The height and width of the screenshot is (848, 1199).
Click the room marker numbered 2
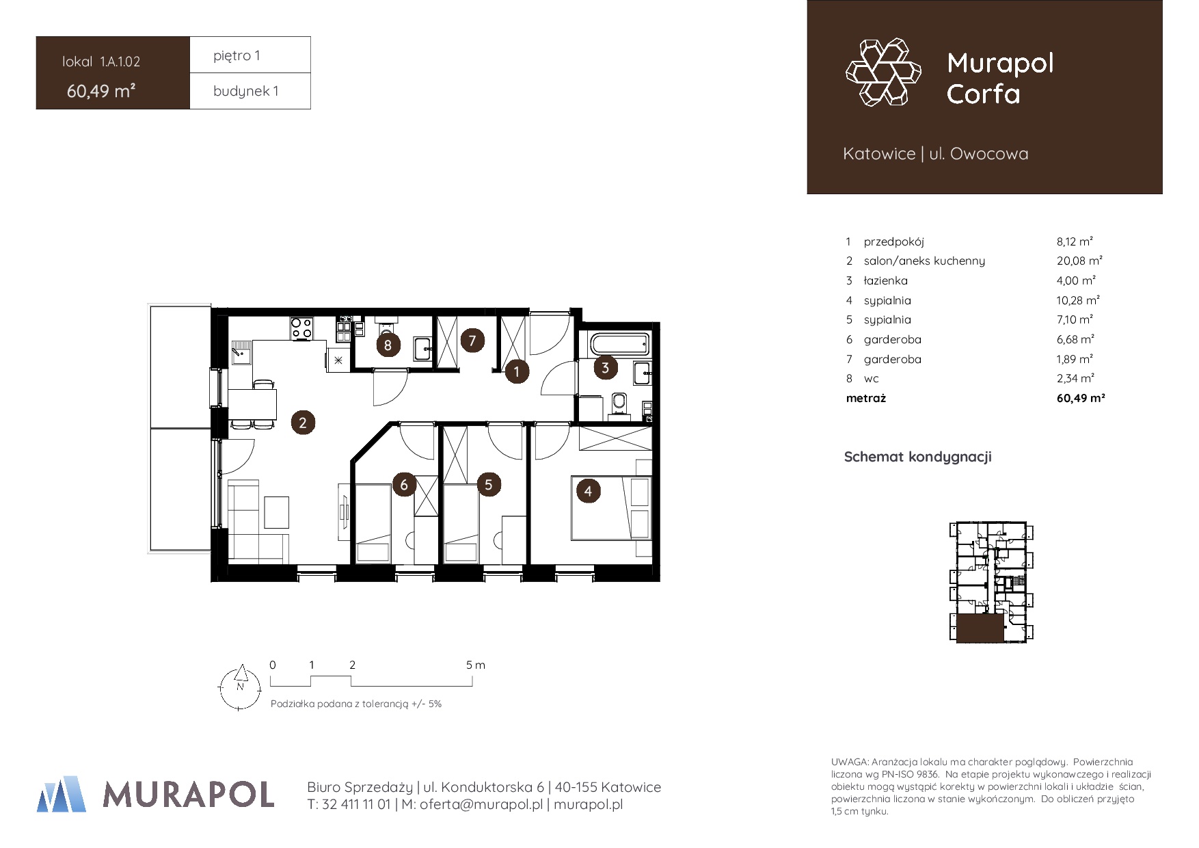[303, 423]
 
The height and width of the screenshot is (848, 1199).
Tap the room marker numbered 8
[388, 345]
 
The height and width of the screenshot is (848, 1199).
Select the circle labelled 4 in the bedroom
[588, 490]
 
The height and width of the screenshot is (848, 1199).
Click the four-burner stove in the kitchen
[301, 328]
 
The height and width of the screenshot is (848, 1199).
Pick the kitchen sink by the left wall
[241, 353]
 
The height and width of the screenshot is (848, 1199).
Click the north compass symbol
[240, 687]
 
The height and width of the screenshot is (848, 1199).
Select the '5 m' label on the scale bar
[476, 665]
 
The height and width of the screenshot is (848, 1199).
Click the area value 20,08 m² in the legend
[1079, 261]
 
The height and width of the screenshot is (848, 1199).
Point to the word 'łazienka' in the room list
[886, 280]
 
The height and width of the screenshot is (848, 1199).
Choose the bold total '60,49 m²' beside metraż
[1081, 398]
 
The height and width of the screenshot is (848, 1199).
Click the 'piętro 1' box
[250, 55]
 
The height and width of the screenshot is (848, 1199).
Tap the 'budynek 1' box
[250, 91]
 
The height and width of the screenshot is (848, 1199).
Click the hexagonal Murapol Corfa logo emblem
[883, 72]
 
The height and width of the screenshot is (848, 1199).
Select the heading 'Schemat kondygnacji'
[917, 457]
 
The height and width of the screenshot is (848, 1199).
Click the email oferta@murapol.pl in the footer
[481, 804]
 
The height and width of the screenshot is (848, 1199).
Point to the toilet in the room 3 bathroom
[619, 403]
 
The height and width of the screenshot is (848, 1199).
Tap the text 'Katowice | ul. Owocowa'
[935, 154]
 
